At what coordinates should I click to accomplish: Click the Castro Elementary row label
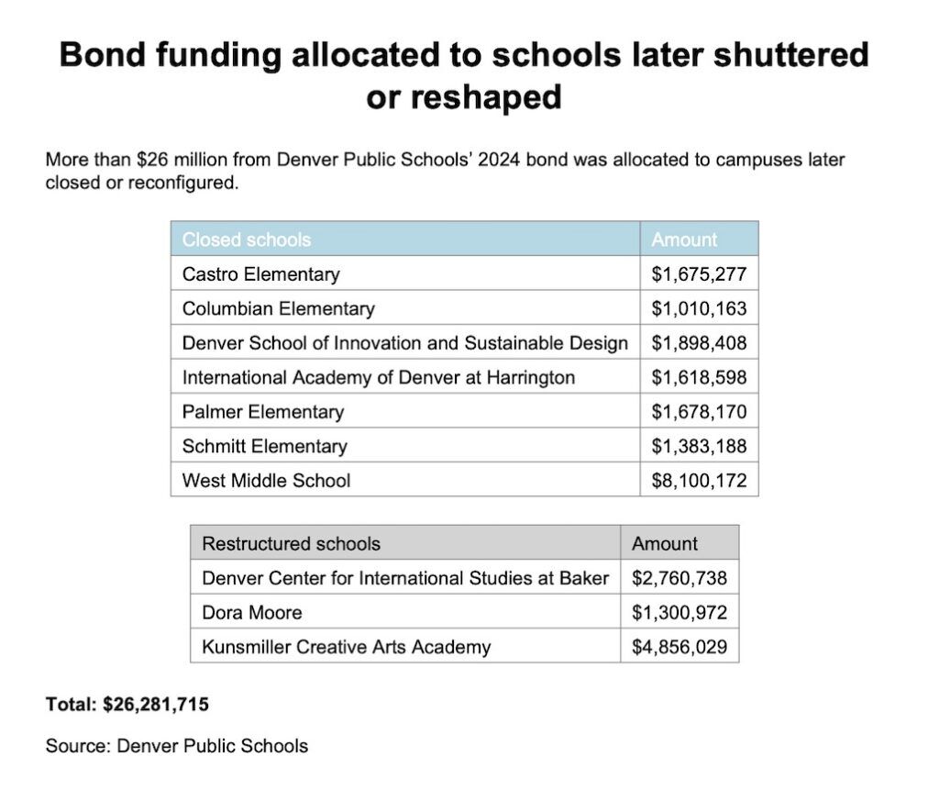(260, 274)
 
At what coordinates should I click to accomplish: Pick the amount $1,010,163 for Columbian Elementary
(699, 308)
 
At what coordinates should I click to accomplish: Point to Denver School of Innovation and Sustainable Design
(404, 343)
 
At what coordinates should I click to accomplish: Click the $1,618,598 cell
(699, 377)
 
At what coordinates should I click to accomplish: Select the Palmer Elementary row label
(263, 412)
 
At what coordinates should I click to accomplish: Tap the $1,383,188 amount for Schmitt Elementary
(699, 446)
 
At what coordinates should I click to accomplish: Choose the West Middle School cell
(266, 480)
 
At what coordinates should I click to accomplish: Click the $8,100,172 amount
(699, 480)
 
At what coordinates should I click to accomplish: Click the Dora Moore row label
(251, 612)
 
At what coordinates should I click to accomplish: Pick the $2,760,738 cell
(679, 578)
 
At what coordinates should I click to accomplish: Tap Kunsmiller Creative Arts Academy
(346, 647)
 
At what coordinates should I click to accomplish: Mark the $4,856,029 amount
(679, 647)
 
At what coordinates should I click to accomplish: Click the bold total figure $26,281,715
(156, 705)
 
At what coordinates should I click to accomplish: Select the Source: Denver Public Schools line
(177, 745)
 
